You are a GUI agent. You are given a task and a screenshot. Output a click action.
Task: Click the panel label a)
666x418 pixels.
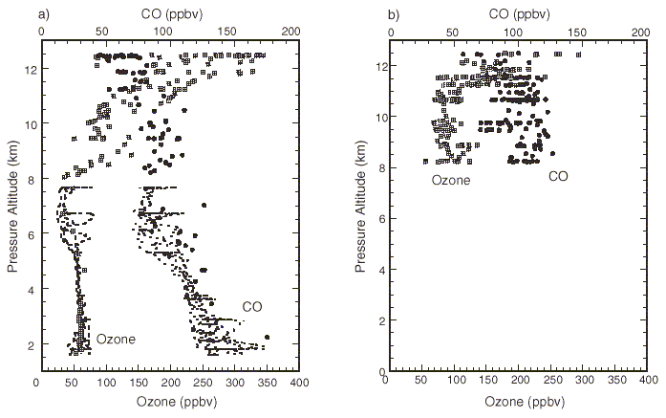[x=16, y=11]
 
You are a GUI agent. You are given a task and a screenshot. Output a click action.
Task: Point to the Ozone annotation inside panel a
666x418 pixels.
[x=115, y=339]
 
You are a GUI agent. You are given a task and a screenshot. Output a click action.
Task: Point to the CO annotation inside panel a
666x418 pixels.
[x=251, y=306]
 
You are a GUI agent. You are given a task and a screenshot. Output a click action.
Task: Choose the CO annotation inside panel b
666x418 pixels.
[x=559, y=175]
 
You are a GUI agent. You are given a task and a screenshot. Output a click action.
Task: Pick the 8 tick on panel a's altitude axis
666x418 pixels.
[x=30, y=179]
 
